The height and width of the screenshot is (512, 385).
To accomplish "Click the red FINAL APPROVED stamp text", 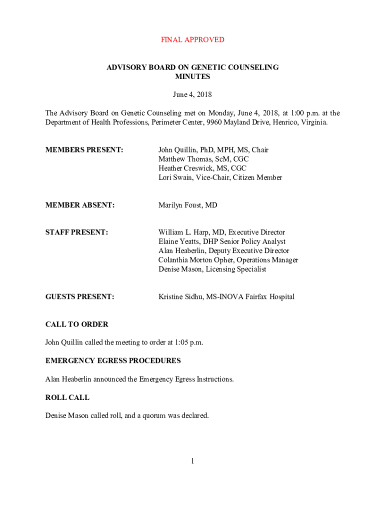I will (x=192, y=39).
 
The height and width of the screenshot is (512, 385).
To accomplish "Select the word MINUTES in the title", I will (x=192, y=76).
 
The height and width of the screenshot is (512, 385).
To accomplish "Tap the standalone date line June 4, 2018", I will (x=192, y=94).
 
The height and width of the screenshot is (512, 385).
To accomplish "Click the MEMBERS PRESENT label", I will (x=84, y=150).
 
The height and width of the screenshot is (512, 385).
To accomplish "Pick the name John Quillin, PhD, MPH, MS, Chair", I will (x=213, y=150).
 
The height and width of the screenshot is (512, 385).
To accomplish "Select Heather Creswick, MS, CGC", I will (x=202, y=168).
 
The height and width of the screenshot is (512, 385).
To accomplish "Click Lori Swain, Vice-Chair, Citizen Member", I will (x=220, y=177).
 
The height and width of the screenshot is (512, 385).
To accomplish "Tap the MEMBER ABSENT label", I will (x=80, y=205).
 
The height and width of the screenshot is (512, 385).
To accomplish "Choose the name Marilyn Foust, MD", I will (x=188, y=205).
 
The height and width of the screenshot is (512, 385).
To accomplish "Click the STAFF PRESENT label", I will (x=76, y=232).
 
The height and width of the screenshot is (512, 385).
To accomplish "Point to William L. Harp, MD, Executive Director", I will (x=221, y=232).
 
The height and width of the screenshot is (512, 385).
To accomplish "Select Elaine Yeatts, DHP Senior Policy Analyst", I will (x=222, y=241).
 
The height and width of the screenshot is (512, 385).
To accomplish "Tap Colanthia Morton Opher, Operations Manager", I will (x=228, y=260).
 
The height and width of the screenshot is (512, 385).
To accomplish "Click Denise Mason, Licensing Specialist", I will (x=212, y=269).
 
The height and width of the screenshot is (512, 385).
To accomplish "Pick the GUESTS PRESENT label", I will (x=79, y=297).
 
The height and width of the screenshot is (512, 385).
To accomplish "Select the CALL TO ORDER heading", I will (x=76, y=324).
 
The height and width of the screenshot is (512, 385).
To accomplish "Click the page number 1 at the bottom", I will (x=192, y=461).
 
